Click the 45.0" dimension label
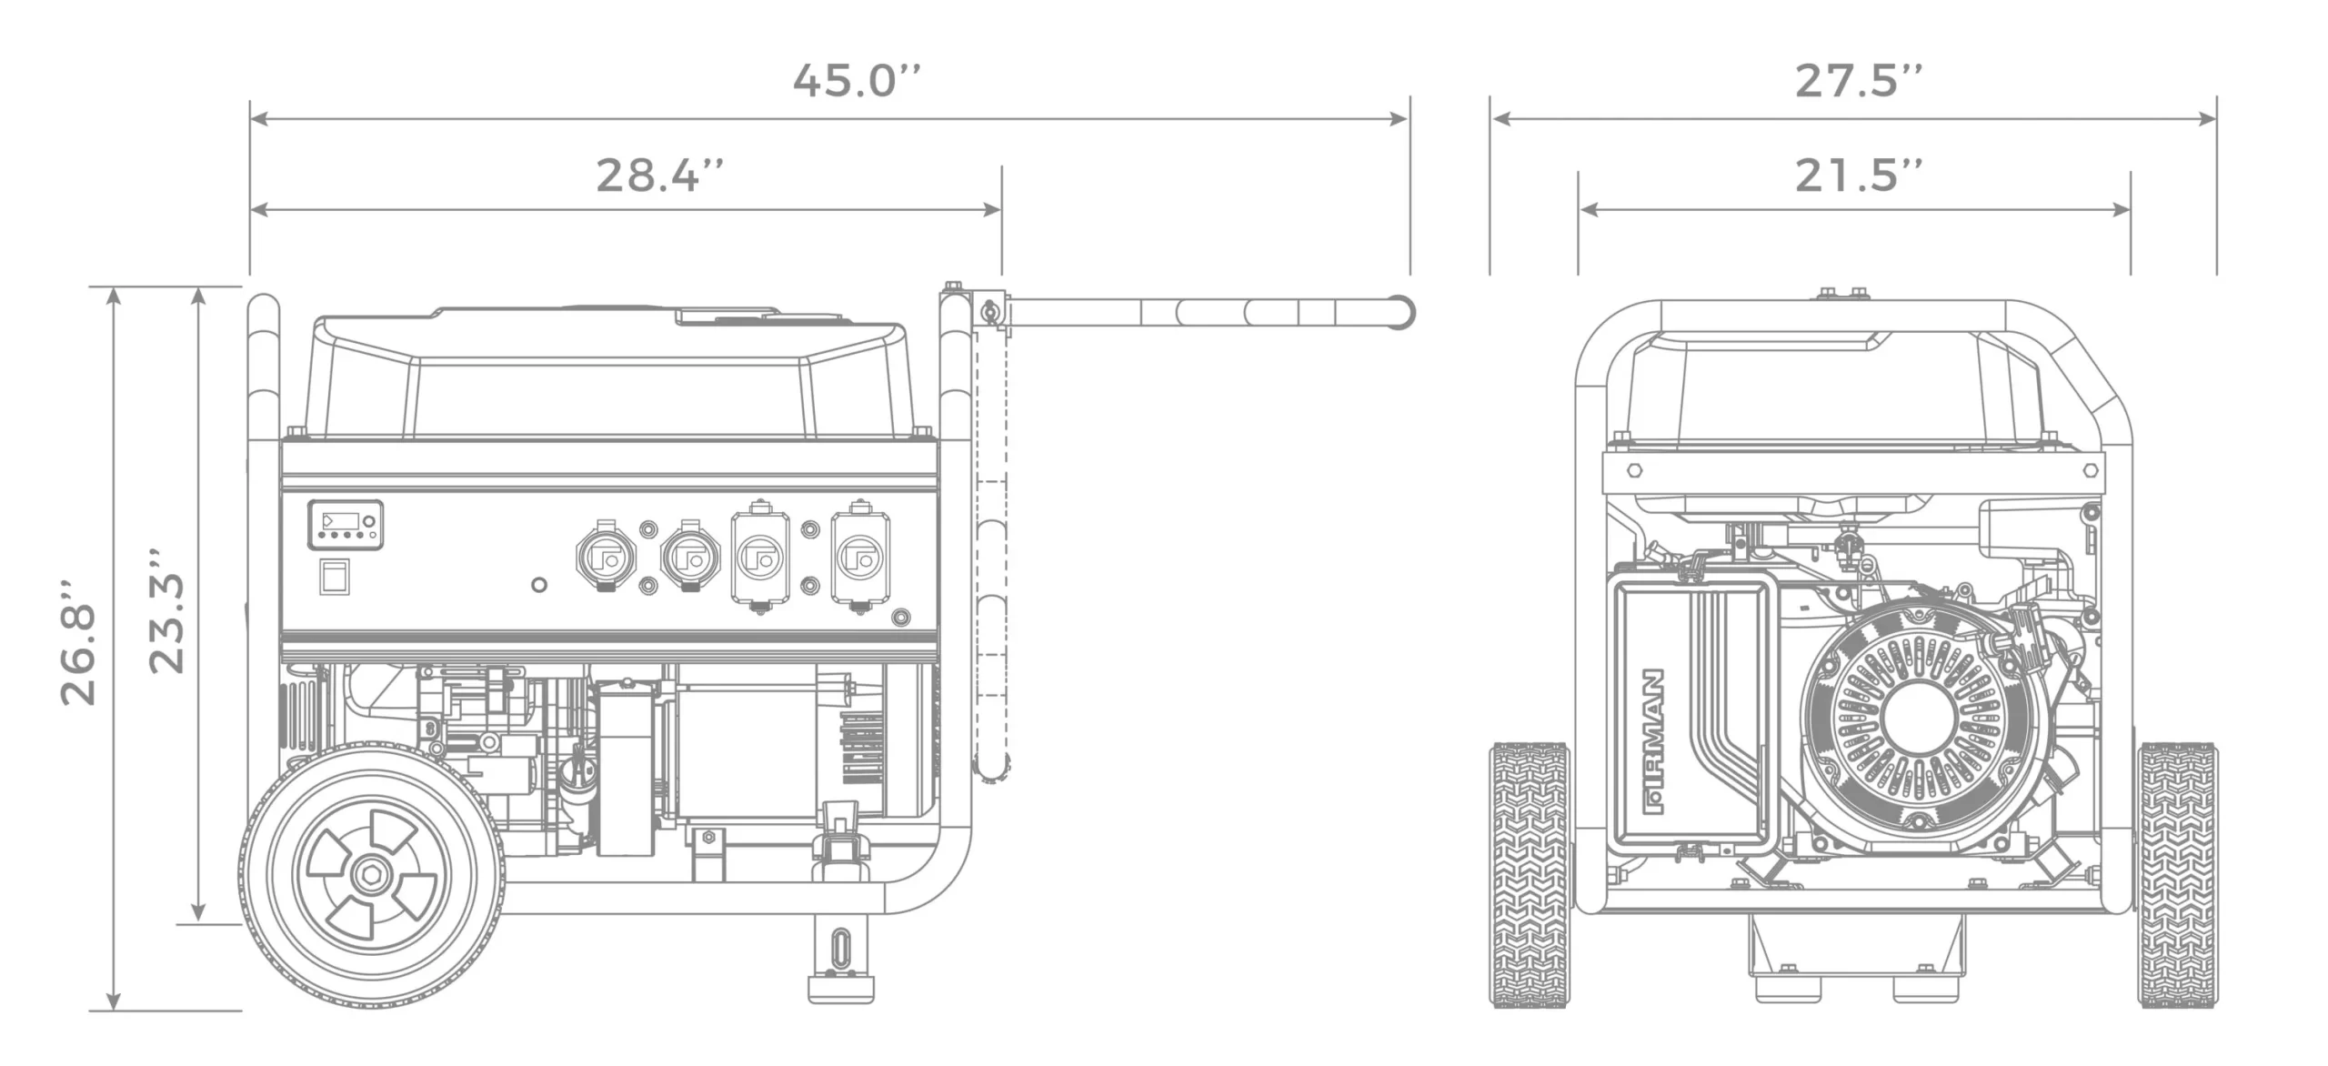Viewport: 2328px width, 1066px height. (857, 80)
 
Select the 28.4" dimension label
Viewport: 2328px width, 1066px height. (660, 175)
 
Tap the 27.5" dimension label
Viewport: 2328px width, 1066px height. (1859, 80)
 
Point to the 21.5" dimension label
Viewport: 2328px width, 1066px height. (1859, 175)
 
